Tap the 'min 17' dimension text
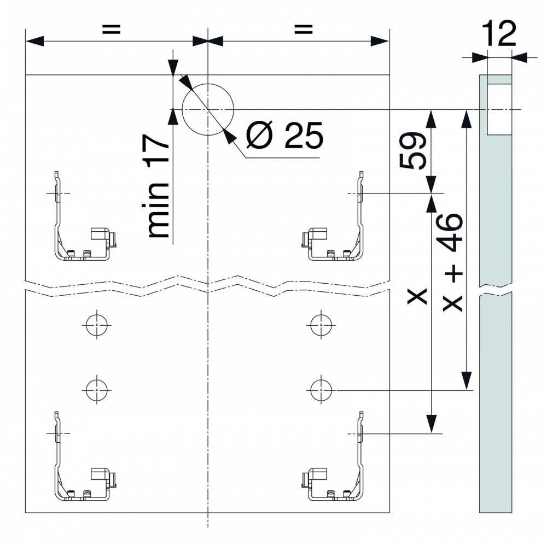click(x=159, y=189)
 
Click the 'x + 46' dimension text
click(x=453, y=263)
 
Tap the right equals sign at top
click(x=299, y=30)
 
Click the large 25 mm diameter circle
click(x=207, y=109)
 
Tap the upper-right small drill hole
click(x=321, y=325)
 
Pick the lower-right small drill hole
click(x=321, y=390)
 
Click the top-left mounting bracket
click(x=82, y=230)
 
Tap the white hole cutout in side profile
click(x=499, y=109)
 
